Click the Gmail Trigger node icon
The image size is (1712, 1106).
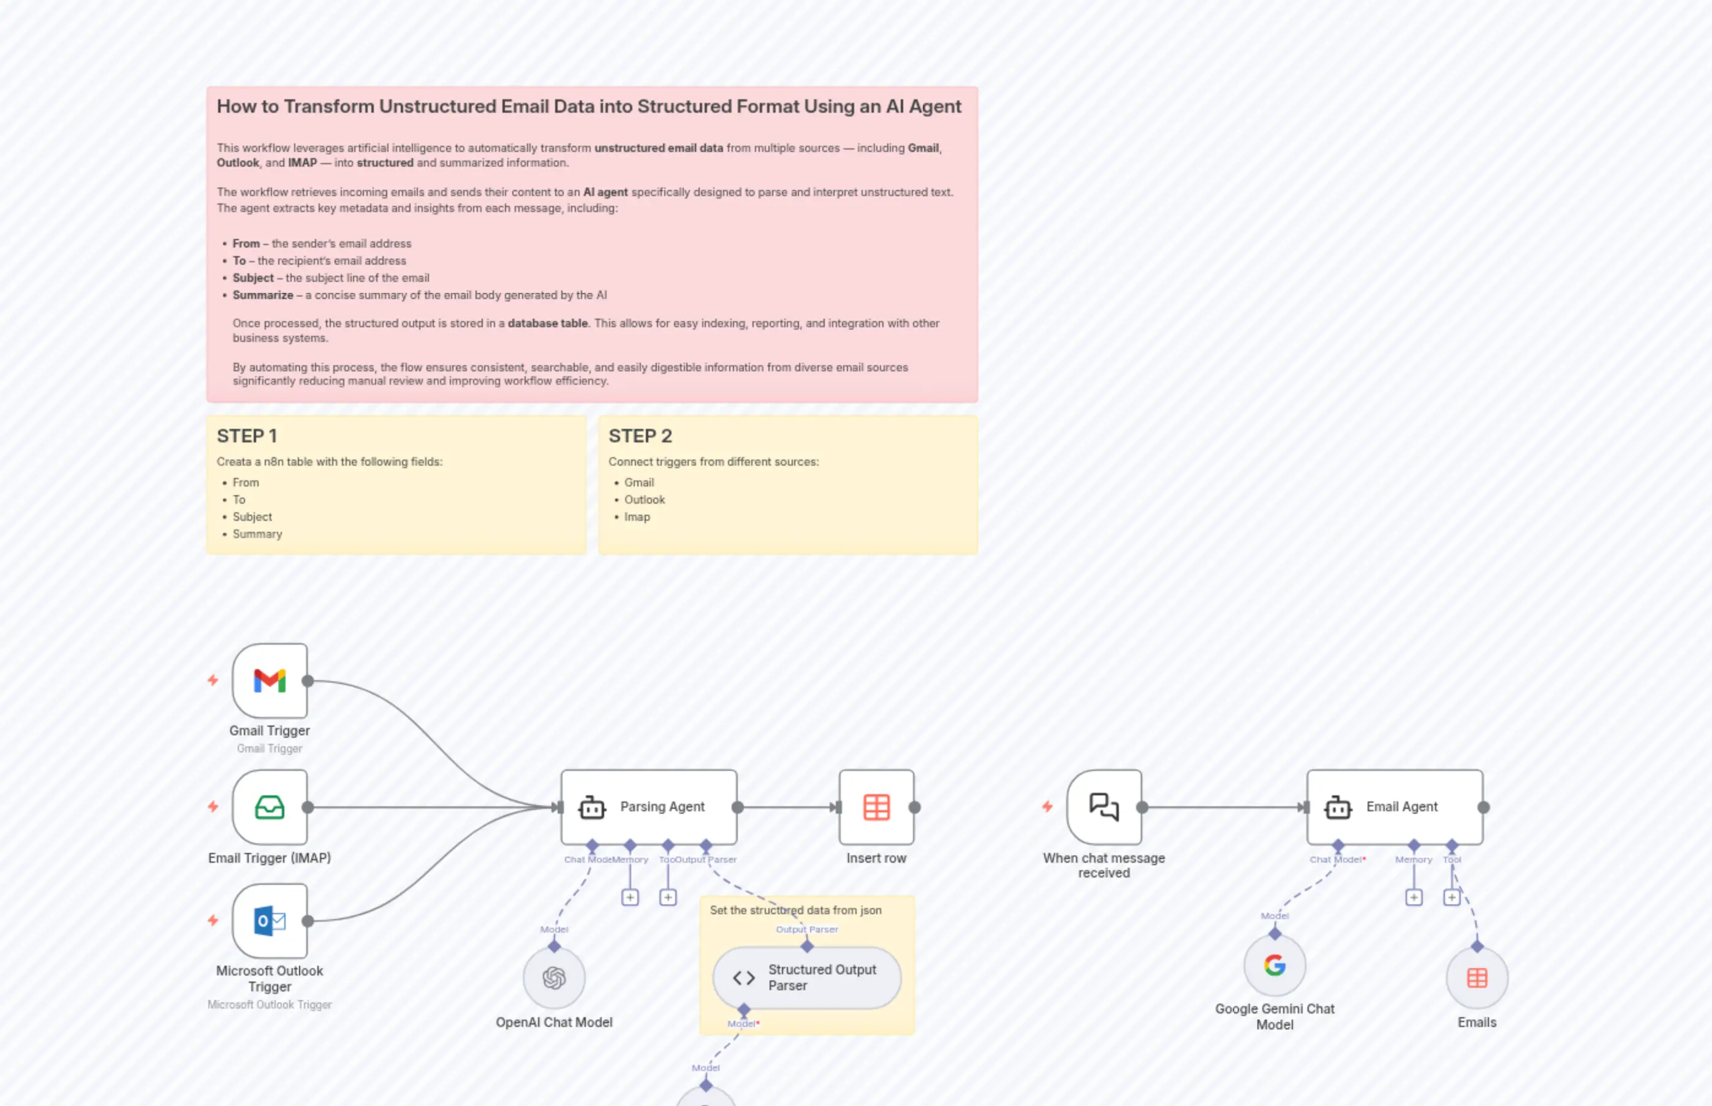point(269,680)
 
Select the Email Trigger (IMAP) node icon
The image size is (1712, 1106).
point(269,806)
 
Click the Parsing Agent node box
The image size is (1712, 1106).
point(648,806)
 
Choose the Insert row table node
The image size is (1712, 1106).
point(876,806)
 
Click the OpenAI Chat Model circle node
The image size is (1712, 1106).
point(554,977)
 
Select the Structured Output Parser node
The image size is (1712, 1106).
point(806,977)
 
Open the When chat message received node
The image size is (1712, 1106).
point(1104,806)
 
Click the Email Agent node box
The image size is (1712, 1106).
point(1394,806)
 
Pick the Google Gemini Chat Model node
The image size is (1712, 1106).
point(1275,964)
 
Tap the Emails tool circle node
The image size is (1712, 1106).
point(1477,977)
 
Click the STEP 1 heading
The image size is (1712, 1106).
point(246,436)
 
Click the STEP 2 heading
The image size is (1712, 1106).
point(640,436)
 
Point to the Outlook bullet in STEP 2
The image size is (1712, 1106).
point(644,500)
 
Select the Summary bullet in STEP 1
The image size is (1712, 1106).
point(257,534)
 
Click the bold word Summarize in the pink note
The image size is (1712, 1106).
point(263,295)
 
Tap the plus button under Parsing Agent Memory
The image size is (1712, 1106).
point(630,897)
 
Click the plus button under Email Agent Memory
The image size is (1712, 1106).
point(1413,897)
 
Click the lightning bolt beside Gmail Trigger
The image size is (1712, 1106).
point(213,680)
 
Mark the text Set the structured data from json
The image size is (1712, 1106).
point(795,910)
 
